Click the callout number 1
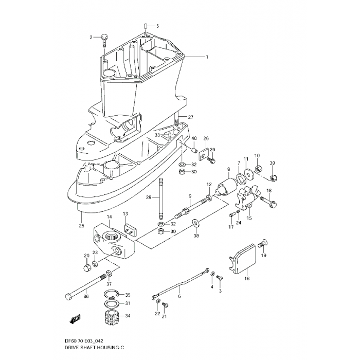(x=207, y=57)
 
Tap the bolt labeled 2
(x=105, y=39)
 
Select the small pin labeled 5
(x=146, y=26)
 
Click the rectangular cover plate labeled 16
(x=244, y=263)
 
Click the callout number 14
(x=109, y=217)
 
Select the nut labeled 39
(x=274, y=178)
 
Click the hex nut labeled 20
(x=87, y=268)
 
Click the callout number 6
(x=179, y=296)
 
